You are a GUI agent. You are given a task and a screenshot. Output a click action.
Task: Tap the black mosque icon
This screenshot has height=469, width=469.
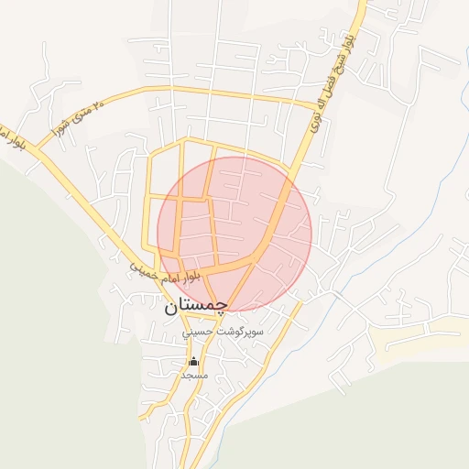(x=193, y=362)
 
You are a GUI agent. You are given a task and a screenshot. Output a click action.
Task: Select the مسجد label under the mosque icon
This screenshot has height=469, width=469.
(x=194, y=376)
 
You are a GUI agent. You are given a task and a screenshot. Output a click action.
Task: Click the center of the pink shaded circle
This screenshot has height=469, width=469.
(x=234, y=234)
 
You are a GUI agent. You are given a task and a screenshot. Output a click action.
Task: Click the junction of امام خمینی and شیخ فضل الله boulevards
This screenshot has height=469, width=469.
(x=257, y=260)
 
